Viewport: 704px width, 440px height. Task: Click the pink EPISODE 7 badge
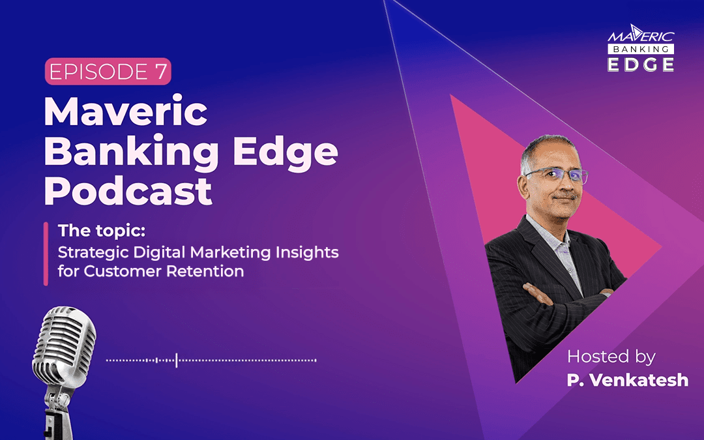coord(108,72)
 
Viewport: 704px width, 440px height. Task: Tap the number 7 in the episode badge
coord(160,72)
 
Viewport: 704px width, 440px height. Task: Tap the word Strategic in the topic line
coord(88,252)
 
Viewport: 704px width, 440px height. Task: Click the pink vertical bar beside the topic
coord(46,254)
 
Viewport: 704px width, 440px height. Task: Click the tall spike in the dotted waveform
coord(176,359)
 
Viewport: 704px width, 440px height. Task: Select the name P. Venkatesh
coord(627,380)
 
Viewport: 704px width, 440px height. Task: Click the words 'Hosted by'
coord(611,357)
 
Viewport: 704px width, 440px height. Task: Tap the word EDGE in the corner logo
coord(640,64)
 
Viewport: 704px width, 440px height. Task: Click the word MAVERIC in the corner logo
coord(640,38)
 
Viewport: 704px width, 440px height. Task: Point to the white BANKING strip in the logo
coord(640,50)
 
